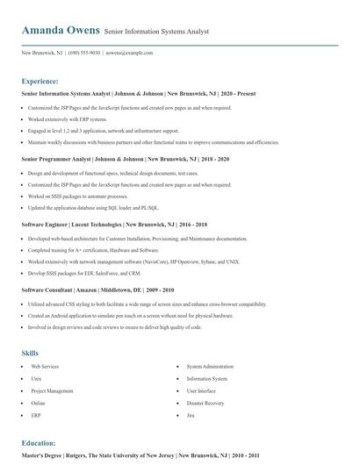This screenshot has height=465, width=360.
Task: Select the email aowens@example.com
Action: tap(129, 53)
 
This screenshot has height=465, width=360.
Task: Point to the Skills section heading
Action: tap(30, 353)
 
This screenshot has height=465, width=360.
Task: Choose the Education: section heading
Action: tap(39, 443)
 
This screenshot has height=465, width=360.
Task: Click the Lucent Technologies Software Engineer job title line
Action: tap(114, 225)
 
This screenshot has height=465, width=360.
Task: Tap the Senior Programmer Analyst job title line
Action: tap(125, 159)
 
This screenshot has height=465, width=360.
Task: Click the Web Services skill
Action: tap(45, 366)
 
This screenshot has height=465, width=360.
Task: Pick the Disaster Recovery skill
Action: tap(205, 403)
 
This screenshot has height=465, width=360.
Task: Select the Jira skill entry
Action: tap(191, 415)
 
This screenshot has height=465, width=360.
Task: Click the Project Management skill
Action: tap(52, 390)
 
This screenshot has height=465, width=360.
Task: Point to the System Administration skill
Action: tap(210, 366)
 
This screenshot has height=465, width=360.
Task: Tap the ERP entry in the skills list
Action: tap(36, 415)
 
